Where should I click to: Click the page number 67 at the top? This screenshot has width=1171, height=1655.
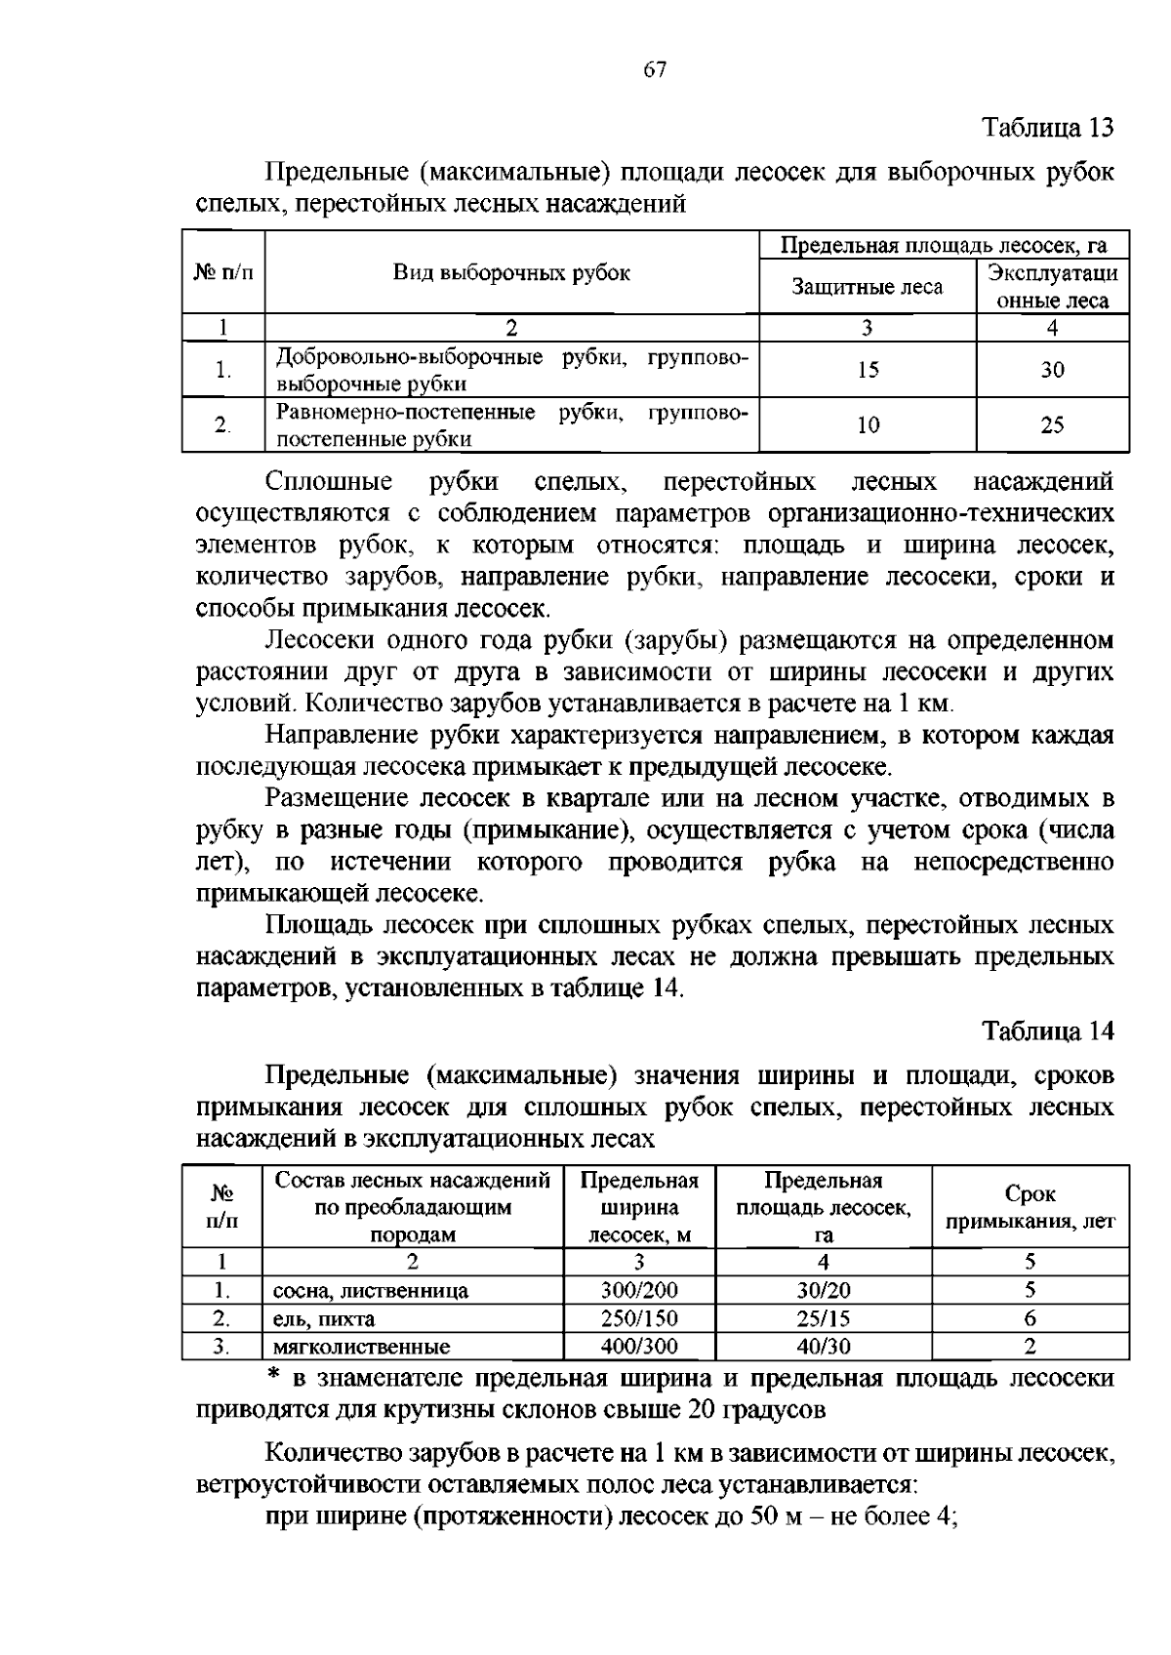coord(655,69)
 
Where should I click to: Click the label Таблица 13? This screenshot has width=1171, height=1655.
coord(1047,128)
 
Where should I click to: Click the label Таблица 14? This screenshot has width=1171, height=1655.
coord(1047,1031)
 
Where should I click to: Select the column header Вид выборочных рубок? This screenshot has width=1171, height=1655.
coord(511,272)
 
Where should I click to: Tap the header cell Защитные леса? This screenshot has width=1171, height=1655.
coord(868,287)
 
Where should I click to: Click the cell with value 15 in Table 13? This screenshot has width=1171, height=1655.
coord(868,369)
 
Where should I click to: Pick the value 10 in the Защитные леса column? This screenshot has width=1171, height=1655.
coord(868,424)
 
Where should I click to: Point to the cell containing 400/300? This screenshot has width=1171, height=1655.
coord(639,1347)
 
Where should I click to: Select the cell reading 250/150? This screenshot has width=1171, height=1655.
coord(639,1318)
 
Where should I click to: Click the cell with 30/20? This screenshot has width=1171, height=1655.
coord(824,1290)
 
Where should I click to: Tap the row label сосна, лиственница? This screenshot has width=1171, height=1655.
coord(371,1291)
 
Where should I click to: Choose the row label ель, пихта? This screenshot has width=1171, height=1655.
coord(324,1319)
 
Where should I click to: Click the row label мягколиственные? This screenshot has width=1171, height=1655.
coord(361,1348)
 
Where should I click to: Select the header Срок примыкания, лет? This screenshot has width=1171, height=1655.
coord(1030,1207)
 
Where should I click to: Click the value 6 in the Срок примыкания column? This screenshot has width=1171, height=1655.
coord(1030,1318)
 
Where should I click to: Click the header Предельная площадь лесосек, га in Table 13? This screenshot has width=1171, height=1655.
coord(944,244)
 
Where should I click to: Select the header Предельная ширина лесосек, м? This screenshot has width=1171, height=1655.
coord(639,1207)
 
